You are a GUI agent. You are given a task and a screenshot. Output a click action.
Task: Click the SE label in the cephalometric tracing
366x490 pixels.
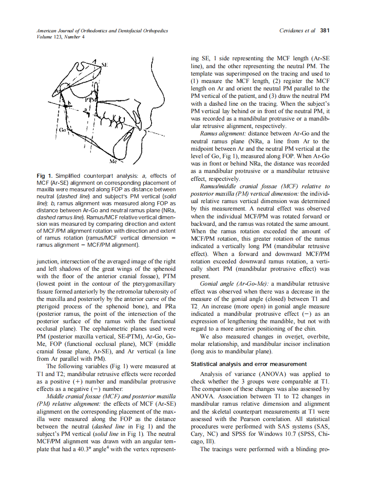coord(104,65)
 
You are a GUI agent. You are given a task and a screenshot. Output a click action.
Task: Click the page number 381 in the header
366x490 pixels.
coord(325,31)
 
